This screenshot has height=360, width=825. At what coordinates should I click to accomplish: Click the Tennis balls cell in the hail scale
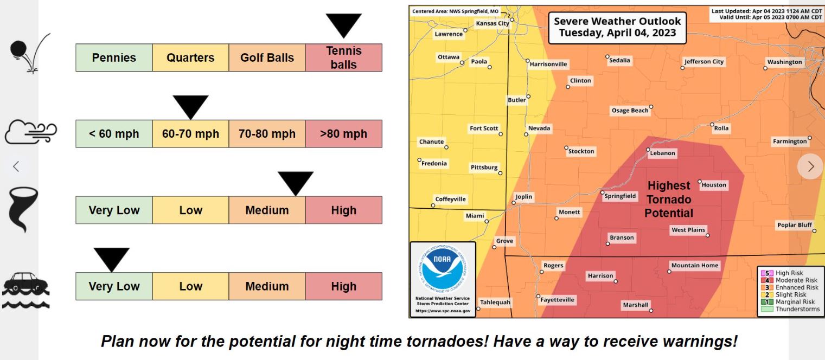(x=343, y=57)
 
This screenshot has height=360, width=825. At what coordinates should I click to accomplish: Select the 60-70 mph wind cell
(x=190, y=134)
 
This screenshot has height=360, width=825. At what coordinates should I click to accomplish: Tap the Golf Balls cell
(x=267, y=57)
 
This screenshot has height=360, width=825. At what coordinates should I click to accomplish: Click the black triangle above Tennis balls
(x=343, y=24)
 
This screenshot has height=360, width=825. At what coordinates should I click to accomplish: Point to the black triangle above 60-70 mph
(x=190, y=106)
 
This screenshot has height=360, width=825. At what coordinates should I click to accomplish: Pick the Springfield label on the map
(x=620, y=196)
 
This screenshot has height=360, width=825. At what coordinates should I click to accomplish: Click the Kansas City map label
(x=492, y=23)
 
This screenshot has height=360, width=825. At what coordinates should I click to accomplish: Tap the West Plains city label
(x=688, y=230)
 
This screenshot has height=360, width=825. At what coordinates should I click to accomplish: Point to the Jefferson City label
(x=704, y=61)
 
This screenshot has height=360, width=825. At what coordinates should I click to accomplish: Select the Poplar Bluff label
(x=794, y=225)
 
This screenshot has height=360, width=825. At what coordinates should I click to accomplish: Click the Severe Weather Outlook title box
(x=617, y=27)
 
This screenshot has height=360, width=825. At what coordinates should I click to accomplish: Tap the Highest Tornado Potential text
(x=669, y=200)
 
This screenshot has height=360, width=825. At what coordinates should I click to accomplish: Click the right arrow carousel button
(x=810, y=166)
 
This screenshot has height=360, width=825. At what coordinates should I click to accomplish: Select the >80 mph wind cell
(x=343, y=134)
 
